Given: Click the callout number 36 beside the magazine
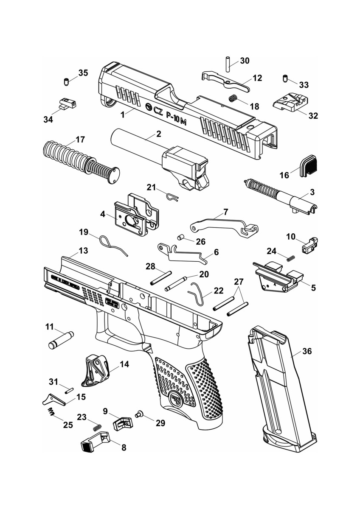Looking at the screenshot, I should point(307,352).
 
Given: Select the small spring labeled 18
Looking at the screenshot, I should point(233,98).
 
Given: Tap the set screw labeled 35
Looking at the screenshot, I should point(66,81).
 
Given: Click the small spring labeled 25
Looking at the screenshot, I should point(51,411).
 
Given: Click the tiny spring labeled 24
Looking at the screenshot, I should point(290,257).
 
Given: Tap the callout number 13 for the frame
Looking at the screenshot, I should point(83,251).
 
